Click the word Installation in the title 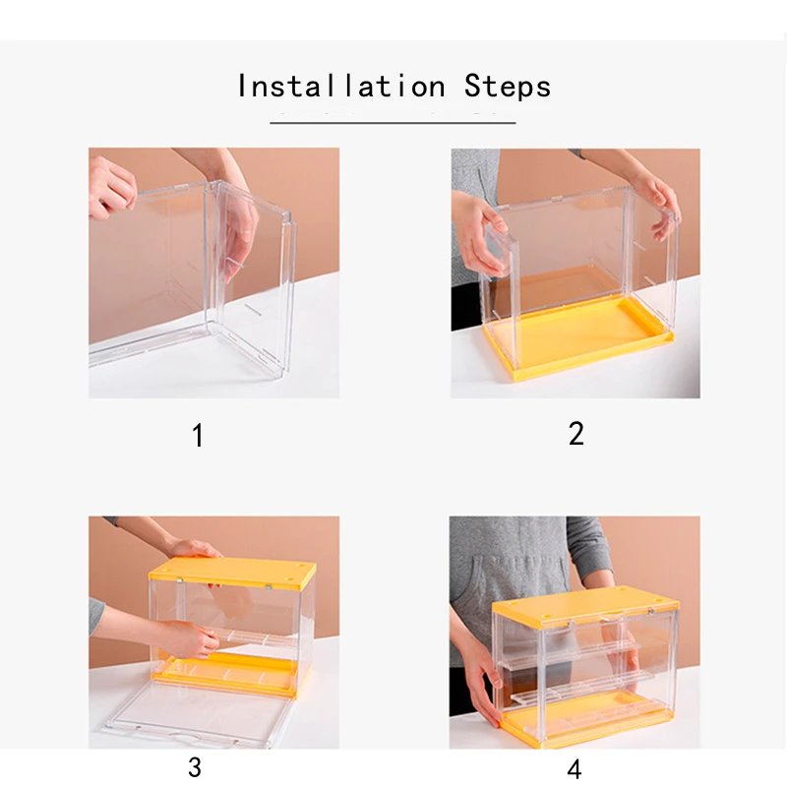click(341, 86)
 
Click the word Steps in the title click(508, 86)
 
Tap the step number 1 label click(198, 435)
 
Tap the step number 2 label click(576, 434)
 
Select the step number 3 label click(195, 767)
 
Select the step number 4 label click(575, 769)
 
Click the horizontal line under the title click(393, 122)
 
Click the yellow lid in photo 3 click(232, 573)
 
